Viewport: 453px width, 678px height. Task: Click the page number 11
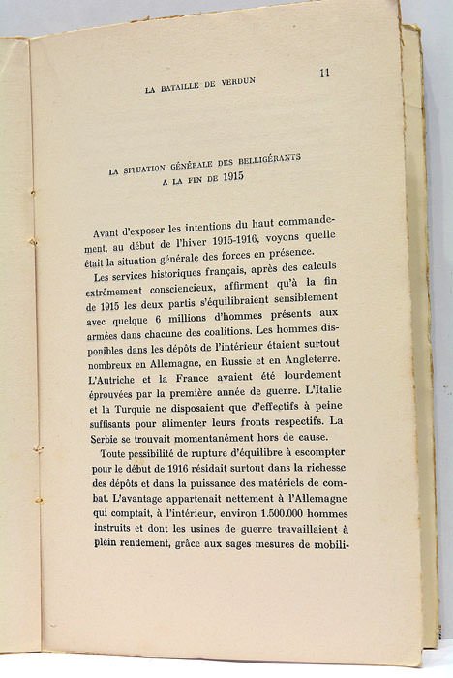325,72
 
